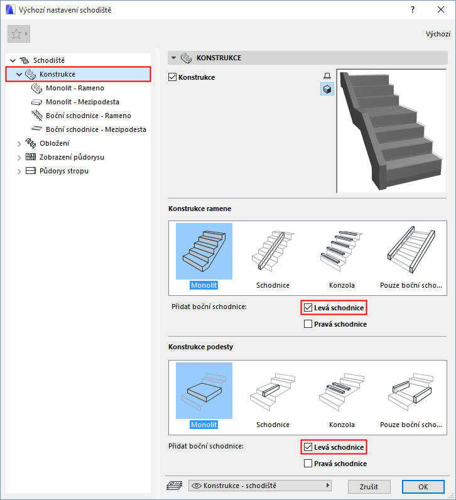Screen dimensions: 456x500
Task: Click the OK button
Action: (423, 487)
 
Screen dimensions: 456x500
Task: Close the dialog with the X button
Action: (441, 9)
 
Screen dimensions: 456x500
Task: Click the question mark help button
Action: (413, 9)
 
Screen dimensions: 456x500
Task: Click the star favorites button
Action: (19, 34)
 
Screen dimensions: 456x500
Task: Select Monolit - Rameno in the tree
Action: (75, 88)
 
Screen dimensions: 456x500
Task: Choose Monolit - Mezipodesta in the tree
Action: (82, 102)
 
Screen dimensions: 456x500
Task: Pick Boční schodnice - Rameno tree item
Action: (89, 116)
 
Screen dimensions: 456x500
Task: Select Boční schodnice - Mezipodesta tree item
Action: (96, 129)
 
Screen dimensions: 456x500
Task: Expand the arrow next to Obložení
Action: (19, 144)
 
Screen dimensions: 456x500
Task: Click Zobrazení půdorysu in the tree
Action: (72, 157)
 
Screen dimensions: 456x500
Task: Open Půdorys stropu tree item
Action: (64, 171)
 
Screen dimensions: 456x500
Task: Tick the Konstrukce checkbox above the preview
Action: (172, 77)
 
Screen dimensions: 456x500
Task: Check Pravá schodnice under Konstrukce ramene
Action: (308, 324)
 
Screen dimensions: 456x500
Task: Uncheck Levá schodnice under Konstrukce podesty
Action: (308, 447)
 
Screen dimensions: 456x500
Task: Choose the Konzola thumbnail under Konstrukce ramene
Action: (342, 256)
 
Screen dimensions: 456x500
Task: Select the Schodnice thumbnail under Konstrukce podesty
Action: (273, 396)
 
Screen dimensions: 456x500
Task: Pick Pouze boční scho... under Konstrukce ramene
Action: (411, 256)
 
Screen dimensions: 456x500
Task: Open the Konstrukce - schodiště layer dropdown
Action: (260, 486)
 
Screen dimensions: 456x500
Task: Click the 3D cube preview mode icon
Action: (327, 89)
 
